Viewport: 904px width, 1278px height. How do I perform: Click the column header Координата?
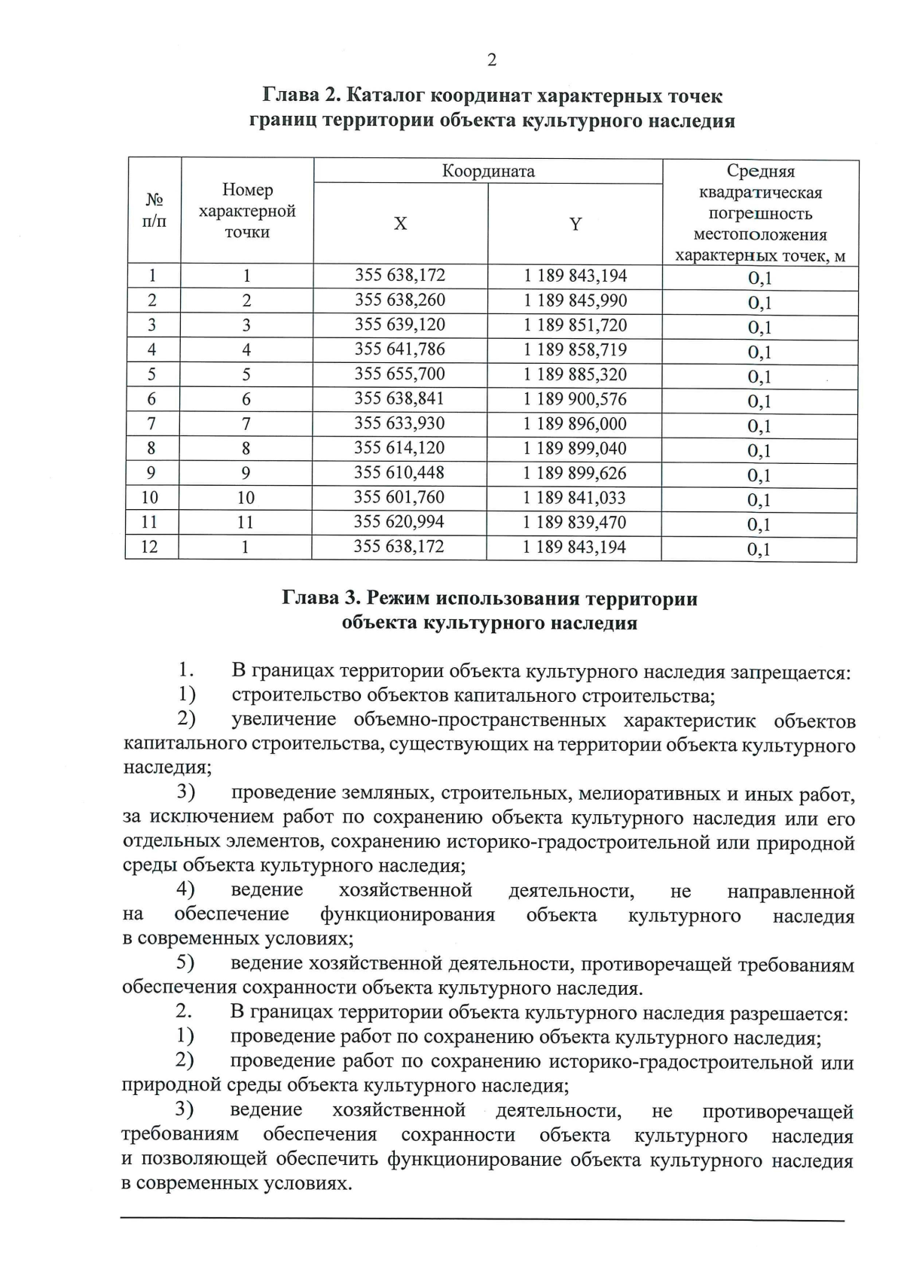[487, 171]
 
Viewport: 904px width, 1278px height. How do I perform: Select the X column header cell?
[400, 224]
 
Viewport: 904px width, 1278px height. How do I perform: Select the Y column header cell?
[575, 224]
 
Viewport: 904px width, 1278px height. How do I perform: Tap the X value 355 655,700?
[399, 374]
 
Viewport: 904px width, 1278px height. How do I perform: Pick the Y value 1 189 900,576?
[575, 399]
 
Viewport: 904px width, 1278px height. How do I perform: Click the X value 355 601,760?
[399, 498]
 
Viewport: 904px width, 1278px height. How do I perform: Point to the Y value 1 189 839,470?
[575, 523]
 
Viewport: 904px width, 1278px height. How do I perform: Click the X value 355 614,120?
[399, 448]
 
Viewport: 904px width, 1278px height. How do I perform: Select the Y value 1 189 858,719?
[575, 350]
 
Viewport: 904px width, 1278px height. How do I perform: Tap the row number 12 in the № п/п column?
[150, 547]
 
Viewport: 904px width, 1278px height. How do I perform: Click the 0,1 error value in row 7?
[759, 426]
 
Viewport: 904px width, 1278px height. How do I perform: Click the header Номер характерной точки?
[247, 211]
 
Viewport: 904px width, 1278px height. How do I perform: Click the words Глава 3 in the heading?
[319, 599]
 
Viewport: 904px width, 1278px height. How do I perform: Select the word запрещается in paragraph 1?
[791, 672]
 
